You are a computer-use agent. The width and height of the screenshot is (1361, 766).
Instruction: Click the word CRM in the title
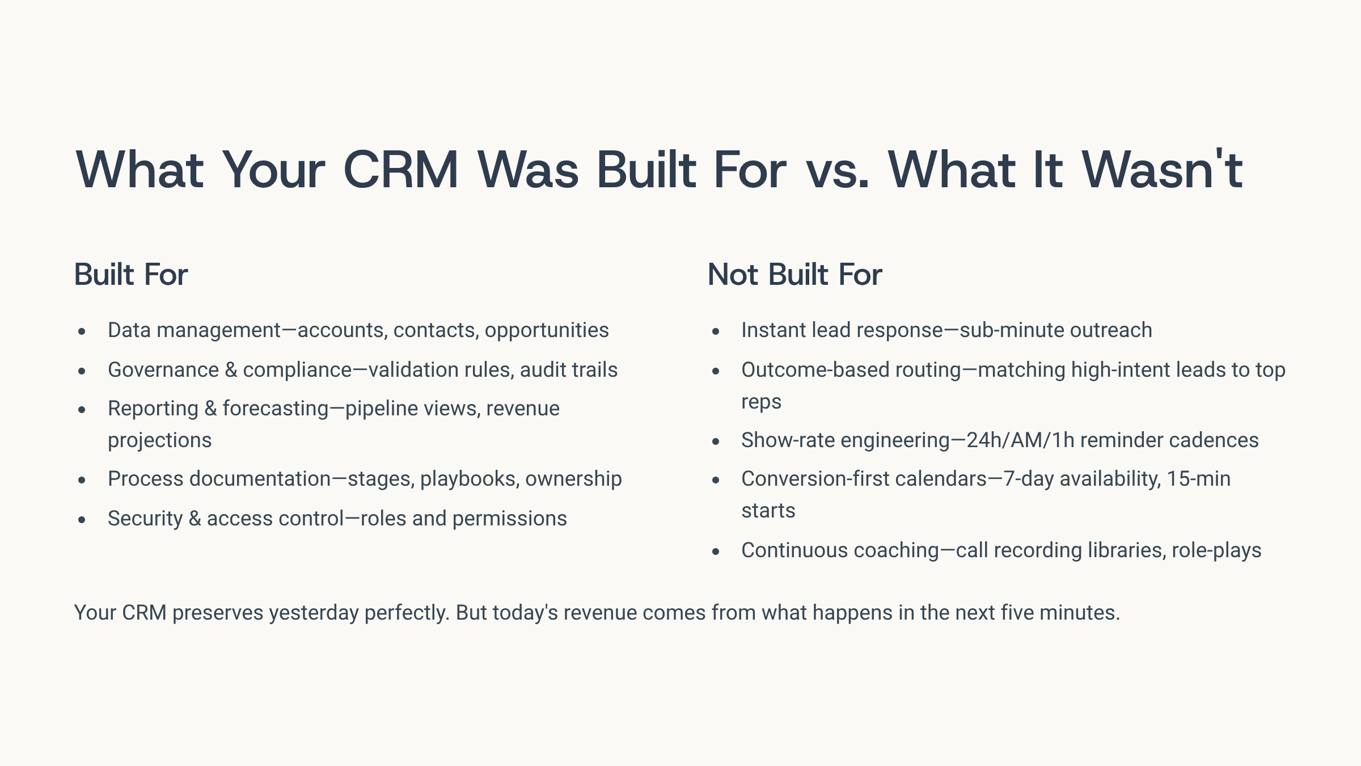401,170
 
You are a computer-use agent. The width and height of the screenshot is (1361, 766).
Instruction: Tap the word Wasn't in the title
1163,170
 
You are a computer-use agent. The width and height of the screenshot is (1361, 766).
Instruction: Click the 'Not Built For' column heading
795,275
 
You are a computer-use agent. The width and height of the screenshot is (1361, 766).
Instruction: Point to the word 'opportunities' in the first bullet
547,331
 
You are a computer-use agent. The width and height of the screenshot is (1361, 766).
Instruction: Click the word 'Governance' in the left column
163,370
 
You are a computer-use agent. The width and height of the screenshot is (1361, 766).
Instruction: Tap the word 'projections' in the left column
159,441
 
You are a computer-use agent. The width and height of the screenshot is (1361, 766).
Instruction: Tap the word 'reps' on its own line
761,402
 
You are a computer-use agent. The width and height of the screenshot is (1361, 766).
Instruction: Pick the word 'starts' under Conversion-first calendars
768,511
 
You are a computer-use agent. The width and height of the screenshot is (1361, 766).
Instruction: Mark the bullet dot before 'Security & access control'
82,519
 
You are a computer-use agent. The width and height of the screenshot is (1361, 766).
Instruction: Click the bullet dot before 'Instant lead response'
716,331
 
